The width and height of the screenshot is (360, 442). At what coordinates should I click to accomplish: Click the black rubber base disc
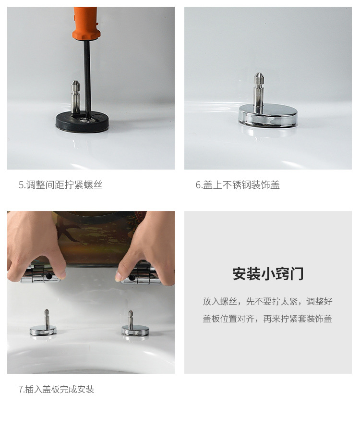point(82,122)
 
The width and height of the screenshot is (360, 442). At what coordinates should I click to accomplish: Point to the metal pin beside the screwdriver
point(75,97)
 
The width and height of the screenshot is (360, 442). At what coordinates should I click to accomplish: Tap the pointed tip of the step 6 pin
point(258,74)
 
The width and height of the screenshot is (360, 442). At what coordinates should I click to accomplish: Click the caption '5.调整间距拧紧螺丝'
point(60,185)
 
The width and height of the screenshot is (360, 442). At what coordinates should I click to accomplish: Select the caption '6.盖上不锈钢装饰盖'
point(238,185)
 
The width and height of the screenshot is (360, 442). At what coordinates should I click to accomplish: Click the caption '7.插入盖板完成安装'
point(56,389)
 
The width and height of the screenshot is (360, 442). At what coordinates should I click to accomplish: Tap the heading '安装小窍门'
point(268,274)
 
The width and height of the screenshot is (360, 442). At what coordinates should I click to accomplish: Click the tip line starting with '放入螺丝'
point(268,301)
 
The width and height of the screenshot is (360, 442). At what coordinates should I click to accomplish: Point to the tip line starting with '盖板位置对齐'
point(268,319)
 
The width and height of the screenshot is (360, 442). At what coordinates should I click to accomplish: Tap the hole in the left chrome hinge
point(49,276)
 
